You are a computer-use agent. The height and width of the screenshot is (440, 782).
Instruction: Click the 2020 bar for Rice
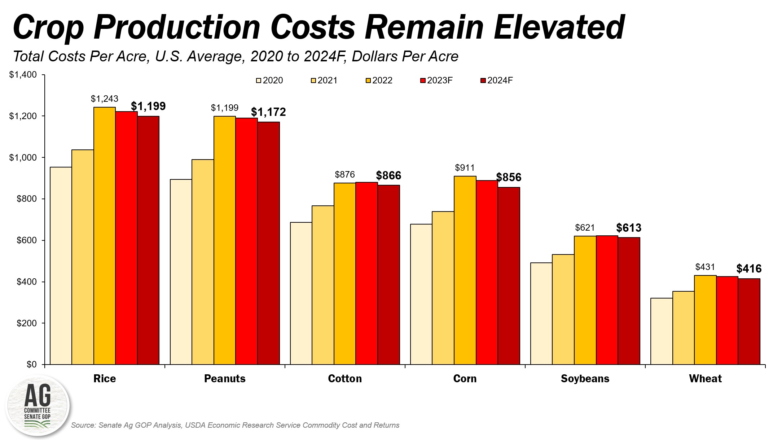click(x=61, y=266)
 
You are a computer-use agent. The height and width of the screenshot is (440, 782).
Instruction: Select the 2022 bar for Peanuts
click(x=225, y=240)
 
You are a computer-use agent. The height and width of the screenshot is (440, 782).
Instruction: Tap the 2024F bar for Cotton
click(x=388, y=275)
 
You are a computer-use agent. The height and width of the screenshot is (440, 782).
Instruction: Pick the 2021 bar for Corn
click(x=443, y=288)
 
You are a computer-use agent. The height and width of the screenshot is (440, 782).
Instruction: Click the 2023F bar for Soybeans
click(x=607, y=300)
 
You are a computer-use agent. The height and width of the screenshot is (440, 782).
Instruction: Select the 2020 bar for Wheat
click(x=662, y=331)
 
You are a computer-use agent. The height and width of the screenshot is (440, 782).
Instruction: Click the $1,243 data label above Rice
click(x=105, y=99)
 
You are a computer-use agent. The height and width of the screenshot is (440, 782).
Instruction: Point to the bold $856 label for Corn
click(x=509, y=177)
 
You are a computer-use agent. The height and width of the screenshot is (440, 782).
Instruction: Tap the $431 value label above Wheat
click(x=705, y=267)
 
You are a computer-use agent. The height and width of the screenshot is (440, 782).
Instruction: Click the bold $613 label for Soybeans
click(x=629, y=228)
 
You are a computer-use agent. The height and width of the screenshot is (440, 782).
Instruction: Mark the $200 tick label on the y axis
click(x=27, y=323)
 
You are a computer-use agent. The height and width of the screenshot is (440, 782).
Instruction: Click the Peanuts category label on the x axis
click(x=225, y=379)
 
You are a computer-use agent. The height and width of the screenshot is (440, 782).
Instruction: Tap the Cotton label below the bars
click(x=345, y=379)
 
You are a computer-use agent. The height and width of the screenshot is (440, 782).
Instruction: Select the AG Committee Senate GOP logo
click(x=38, y=406)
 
